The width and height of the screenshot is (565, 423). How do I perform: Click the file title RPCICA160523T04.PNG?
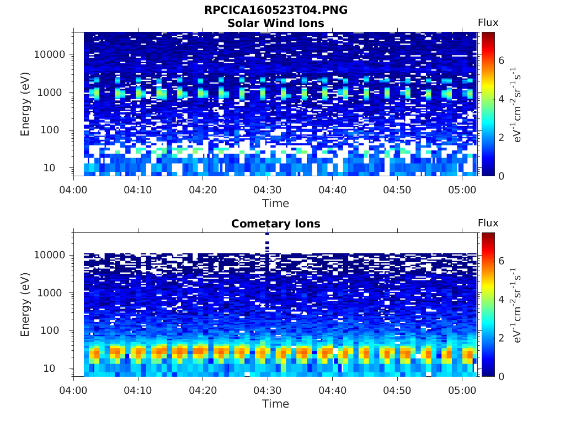pos(276,10)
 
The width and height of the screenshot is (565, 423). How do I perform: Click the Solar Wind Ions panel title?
pos(276,23)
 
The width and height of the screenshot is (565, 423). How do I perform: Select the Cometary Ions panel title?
pos(276,224)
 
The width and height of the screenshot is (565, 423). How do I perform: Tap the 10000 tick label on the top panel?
pos(50,55)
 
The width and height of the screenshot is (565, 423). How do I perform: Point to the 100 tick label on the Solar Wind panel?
pos(50,130)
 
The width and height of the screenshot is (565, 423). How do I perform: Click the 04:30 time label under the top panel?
pos(268,190)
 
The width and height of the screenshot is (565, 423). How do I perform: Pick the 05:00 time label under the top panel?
pos(462,190)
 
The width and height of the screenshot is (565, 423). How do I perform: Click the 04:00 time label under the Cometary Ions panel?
pos(73,391)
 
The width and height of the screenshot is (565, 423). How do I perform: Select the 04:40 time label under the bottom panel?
pos(332,391)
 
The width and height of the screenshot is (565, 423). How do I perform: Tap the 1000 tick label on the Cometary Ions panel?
pos(50,293)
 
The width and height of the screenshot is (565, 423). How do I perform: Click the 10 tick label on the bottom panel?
pos(49,368)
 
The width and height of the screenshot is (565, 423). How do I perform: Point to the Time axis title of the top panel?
pos(276,203)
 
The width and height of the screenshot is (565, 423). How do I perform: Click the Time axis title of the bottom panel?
pos(276,404)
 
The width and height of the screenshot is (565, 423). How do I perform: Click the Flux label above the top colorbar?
pos(488,23)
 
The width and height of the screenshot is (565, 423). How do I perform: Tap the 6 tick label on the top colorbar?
pos(501,61)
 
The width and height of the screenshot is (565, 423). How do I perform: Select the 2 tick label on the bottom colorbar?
pos(501,338)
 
